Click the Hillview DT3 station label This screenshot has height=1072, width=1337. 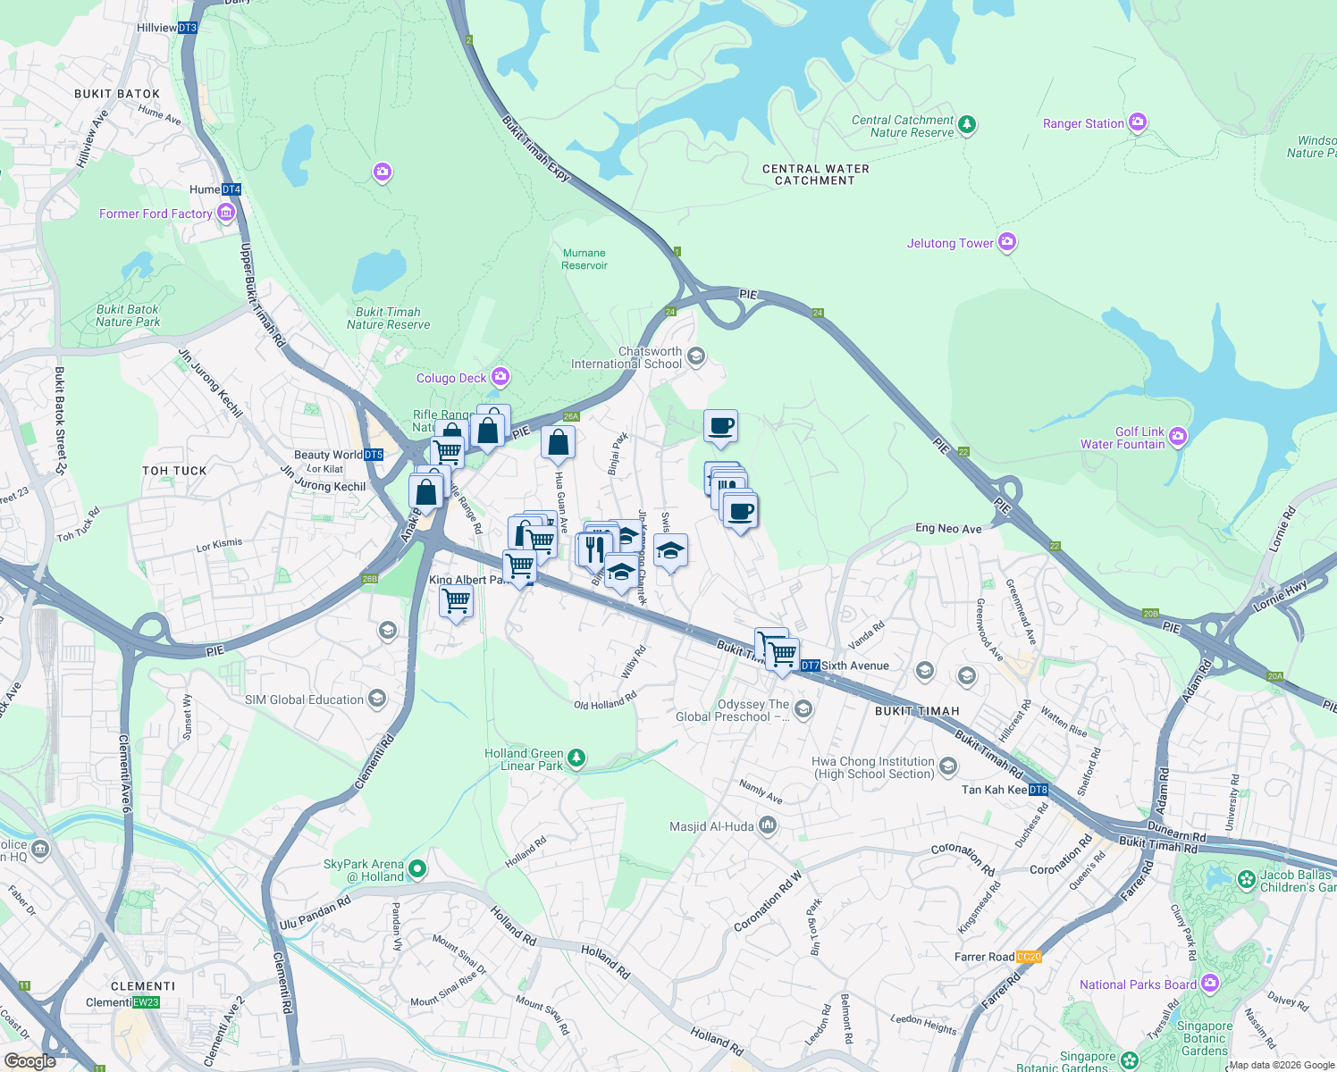coord(166,28)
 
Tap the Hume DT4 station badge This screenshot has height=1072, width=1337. coord(231,189)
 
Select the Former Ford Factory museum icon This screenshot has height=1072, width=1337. coord(225,213)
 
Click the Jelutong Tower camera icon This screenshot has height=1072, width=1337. coord(1007,242)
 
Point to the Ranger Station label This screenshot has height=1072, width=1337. coord(1083,123)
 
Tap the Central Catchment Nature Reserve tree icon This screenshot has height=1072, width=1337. coord(967,125)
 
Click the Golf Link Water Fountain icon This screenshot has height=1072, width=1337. coord(1178,436)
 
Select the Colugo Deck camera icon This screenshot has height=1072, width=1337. coord(500,377)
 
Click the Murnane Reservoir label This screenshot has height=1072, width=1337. coord(584,259)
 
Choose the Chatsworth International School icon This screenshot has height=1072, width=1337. coord(696,357)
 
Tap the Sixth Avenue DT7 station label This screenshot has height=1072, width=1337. coord(845,666)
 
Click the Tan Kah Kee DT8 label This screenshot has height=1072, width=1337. coord(1005,790)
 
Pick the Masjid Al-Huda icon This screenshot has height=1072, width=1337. coord(768,825)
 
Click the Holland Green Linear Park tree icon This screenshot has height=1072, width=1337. coord(576,758)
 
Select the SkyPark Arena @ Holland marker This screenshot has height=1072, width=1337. coord(416,868)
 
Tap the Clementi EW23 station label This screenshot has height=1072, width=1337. coord(122,1002)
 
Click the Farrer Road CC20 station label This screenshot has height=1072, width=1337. coord(997,957)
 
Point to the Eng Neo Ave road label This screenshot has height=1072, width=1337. coord(948,529)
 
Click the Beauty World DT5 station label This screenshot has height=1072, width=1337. coord(338,455)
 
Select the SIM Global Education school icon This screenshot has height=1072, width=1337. coord(377,699)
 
